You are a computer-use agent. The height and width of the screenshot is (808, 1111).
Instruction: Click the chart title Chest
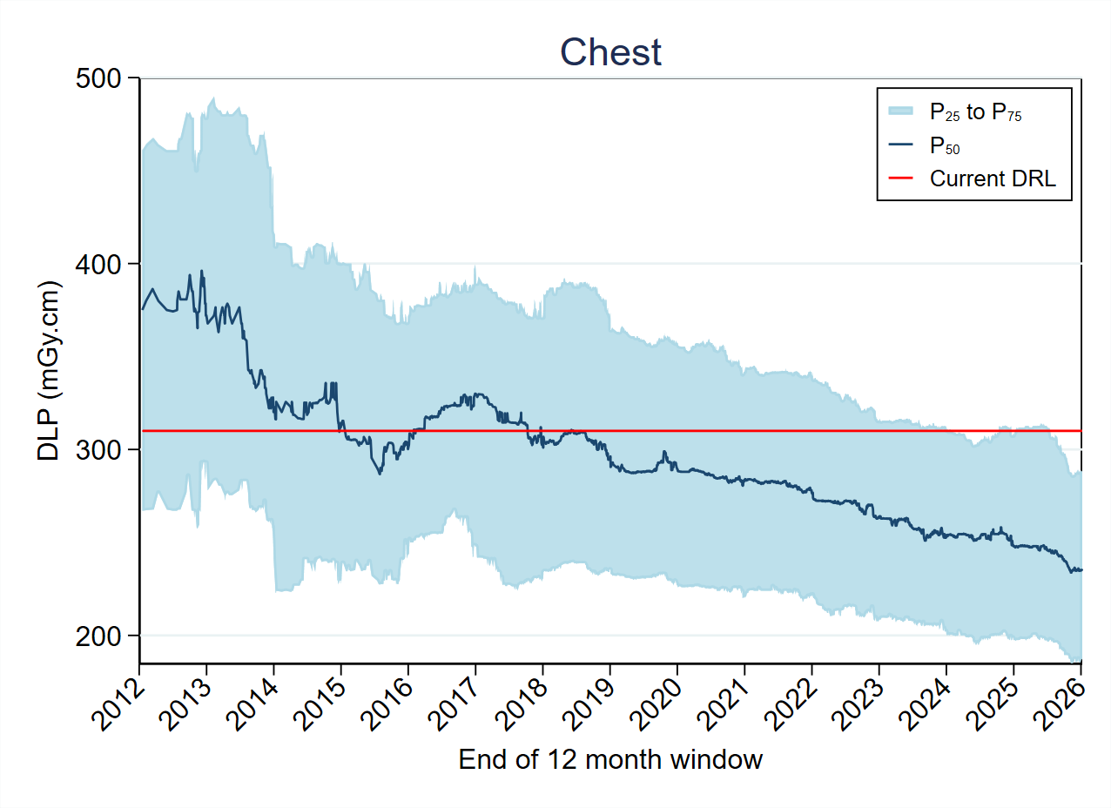pos(610,52)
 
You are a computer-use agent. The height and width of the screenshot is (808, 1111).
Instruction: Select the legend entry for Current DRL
pos(993,178)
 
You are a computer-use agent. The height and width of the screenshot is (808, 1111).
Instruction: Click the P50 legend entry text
pos(945,145)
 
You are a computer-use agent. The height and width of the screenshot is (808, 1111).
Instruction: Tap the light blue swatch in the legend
pos(901,111)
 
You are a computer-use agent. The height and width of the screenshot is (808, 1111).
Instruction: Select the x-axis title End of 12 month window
pos(610,759)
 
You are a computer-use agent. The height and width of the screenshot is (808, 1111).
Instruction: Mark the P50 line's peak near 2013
pos(202,271)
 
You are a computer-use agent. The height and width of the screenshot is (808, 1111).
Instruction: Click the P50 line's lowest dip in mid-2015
pos(380,474)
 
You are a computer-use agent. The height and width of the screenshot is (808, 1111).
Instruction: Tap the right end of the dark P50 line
pos(1081,569)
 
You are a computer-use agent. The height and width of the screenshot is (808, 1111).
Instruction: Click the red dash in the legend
pos(901,178)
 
